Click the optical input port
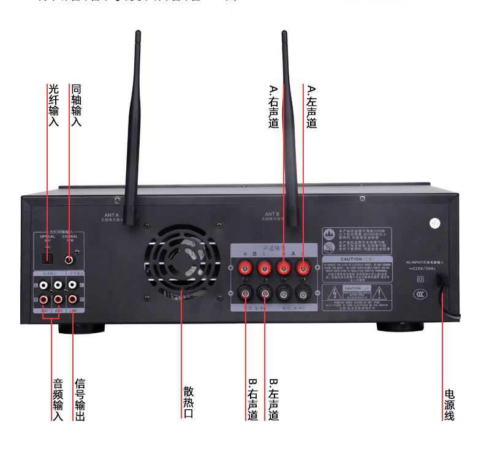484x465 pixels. coord(47,259)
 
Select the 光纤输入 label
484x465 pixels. coord(53,105)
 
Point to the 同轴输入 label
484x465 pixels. coord(76,105)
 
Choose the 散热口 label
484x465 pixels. coord(188,401)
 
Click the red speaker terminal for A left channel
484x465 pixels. coord(302,268)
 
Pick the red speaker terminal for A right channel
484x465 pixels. coord(284,268)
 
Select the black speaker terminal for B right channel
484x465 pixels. coord(246,292)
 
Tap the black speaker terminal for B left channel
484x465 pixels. coord(265,292)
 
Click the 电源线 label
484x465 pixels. coord(449,404)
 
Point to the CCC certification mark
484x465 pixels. coord(420,295)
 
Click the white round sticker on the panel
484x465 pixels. coord(436,224)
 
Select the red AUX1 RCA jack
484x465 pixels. coord(44,299)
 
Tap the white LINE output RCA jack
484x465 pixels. coord(73,284)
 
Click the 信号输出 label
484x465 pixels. coord(80,399)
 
